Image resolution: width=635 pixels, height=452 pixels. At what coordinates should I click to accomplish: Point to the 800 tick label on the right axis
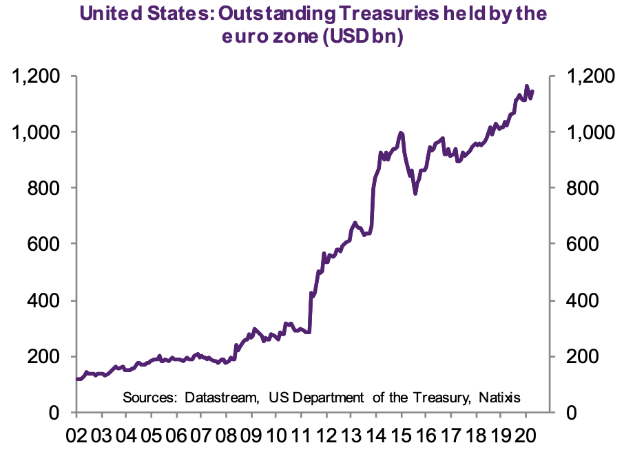580,188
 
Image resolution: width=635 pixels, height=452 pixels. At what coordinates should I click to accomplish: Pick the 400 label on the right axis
580,300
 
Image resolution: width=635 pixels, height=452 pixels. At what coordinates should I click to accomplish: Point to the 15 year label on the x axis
402,436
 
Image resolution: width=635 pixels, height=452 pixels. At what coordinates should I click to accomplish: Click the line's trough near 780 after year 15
415,194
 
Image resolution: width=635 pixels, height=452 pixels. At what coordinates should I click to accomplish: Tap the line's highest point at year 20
527,87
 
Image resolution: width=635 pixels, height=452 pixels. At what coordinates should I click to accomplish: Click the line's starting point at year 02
76,379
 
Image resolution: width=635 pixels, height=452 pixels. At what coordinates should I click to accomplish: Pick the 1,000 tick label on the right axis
585,132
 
